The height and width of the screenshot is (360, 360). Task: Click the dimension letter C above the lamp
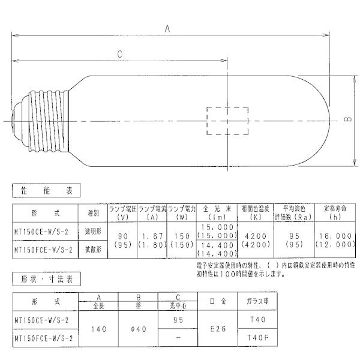click(120, 54)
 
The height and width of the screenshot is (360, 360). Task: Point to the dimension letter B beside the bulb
click(347, 121)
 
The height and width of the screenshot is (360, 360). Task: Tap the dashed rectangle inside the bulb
click(227, 121)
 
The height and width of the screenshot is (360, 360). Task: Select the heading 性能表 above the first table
click(46, 191)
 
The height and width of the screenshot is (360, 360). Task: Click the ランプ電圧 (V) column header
click(122, 212)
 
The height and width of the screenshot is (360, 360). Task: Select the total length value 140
click(98, 328)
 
